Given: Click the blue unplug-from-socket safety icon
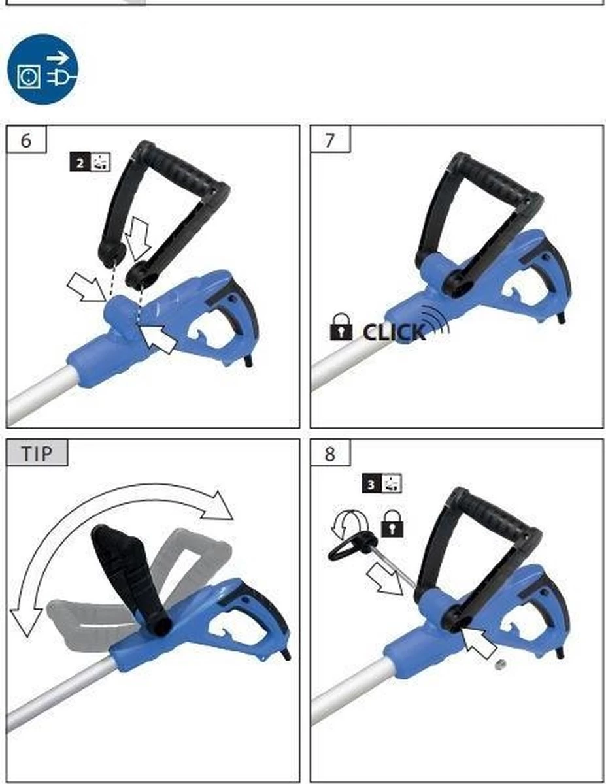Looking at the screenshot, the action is (42, 69).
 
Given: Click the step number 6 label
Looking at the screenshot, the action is (26, 139).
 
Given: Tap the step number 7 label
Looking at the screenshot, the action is (330, 139).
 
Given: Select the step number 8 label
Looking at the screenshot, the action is (330, 453).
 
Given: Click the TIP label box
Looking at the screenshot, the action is (37, 453).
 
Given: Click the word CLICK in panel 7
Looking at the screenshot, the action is (394, 332).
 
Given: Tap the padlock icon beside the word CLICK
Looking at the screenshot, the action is (341, 327).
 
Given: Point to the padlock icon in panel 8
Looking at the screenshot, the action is (392, 523).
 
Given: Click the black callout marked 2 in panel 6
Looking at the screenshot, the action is (90, 163).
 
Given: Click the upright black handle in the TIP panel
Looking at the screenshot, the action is (131, 579).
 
